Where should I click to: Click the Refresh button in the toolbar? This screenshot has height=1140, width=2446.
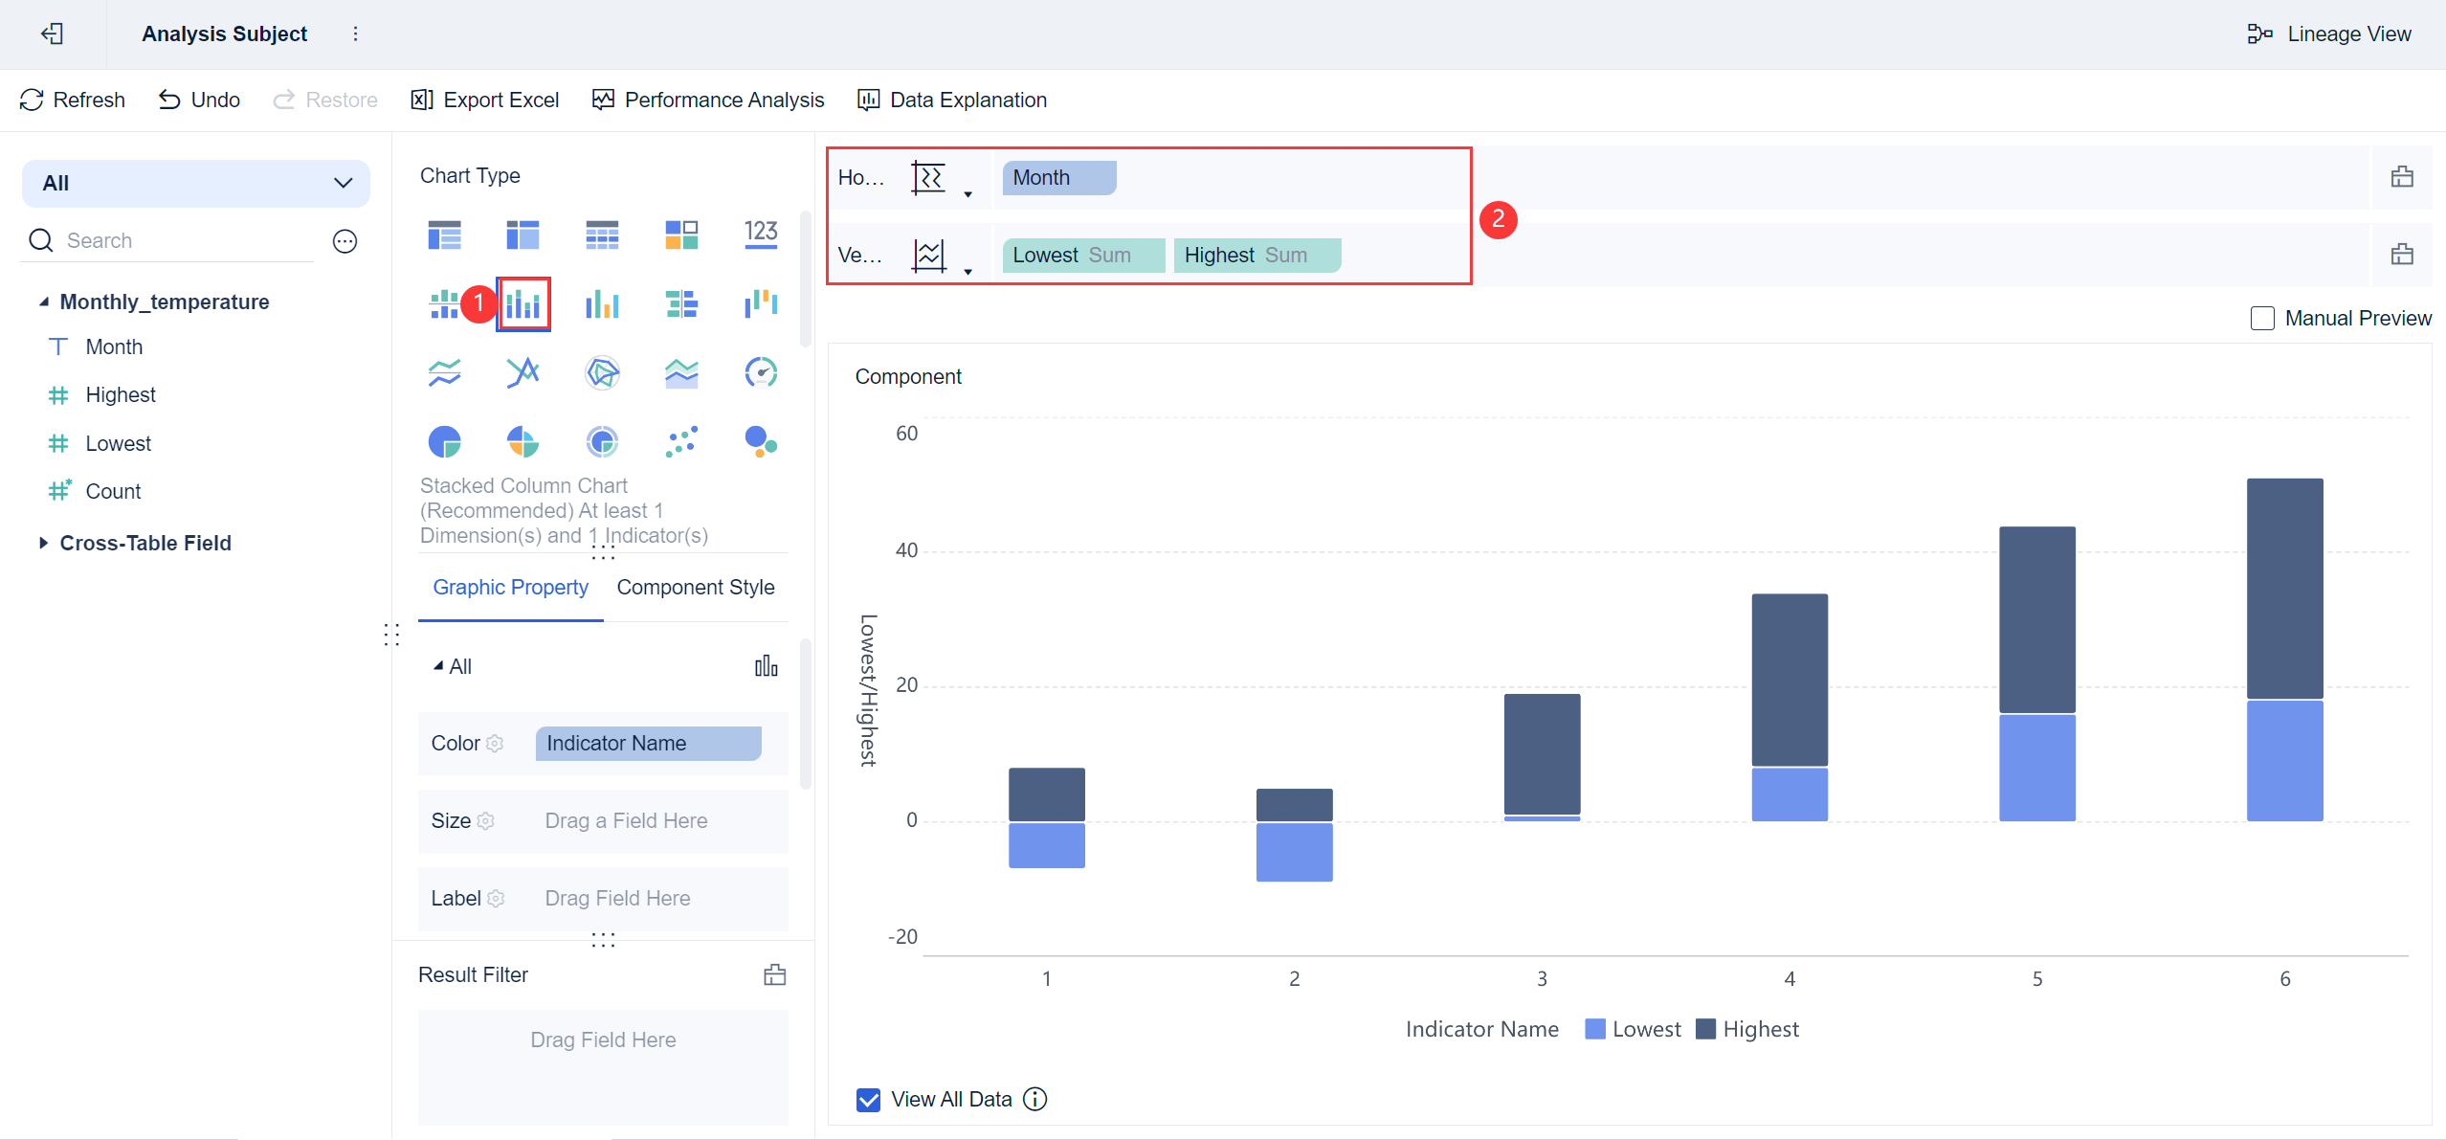(x=73, y=100)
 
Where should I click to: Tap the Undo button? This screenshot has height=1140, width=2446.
(x=199, y=100)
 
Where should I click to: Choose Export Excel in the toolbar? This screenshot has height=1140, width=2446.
(x=485, y=100)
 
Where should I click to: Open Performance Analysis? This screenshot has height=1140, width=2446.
(x=708, y=100)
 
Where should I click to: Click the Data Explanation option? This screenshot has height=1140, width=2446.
(x=952, y=100)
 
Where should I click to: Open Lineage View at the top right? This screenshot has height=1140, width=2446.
(x=2329, y=34)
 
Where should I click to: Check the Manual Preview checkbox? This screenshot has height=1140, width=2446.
(x=2262, y=318)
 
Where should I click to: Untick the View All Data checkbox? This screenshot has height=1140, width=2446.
(x=868, y=1099)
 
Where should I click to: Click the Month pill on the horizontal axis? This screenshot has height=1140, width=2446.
(x=1059, y=177)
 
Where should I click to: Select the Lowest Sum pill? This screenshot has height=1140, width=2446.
(x=1083, y=255)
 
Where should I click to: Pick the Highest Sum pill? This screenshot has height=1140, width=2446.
(x=1256, y=255)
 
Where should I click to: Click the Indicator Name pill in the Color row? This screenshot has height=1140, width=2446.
(x=648, y=743)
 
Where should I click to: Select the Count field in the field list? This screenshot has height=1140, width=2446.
(x=113, y=491)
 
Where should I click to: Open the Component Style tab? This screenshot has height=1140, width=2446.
(x=696, y=587)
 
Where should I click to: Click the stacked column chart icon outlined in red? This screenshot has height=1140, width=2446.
(x=523, y=304)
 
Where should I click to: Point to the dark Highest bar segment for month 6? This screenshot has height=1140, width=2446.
(x=2284, y=588)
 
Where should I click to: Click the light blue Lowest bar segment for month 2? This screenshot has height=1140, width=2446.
(x=1294, y=851)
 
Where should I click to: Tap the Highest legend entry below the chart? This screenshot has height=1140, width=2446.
(x=1747, y=1029)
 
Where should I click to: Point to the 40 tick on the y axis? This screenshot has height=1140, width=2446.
(x=906, y=550)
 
